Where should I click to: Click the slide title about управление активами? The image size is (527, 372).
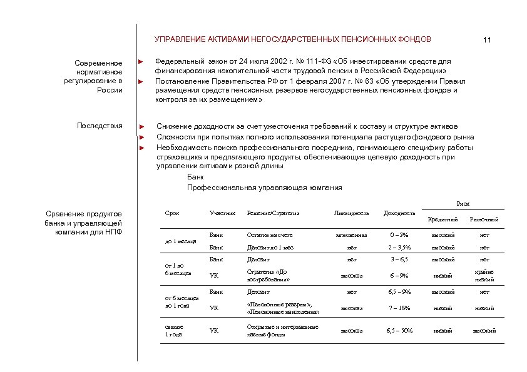pos(292,39)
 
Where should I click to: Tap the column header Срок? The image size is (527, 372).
pos(171,213)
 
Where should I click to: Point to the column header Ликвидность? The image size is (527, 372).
pos(352,213)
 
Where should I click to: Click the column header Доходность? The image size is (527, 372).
pos(398,213)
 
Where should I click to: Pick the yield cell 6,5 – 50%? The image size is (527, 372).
pos(399,329)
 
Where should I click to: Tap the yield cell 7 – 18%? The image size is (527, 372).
pos(399,308)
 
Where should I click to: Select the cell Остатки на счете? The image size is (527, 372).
pos(270,234)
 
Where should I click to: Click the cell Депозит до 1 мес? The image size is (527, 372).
pos(270,247)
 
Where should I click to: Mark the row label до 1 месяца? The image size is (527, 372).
pos(180,241)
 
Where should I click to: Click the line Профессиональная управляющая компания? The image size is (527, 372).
pos(264,188)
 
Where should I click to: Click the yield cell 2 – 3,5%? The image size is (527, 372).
pos(399,248)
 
